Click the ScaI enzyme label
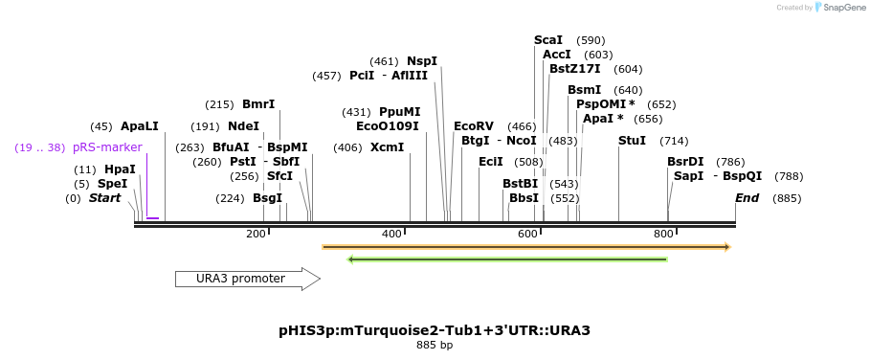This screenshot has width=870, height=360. pyautogui.click(x=548, y=40)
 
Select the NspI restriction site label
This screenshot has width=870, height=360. pyautogui.click(x=422, y=61)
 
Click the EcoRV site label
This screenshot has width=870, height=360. pyautogui.click(x=474, y=126)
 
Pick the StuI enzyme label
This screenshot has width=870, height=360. pyautogui.click(x=632, y=141)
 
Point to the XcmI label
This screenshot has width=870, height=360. pyautogui.click(x=388, y=147)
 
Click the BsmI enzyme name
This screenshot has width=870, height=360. pyautogui.click(x=584, y=90)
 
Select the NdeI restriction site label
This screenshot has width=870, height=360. pyautogui.click(x=243, y=126)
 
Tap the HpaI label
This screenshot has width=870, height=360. pyautogui.click(x=120, y=169)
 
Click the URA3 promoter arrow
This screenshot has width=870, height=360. pyautogui.click(x=247, y=279)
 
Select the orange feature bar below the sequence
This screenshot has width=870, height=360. pyautogui.click(x=526, y=247)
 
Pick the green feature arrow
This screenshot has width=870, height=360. pyautogui.click(x=507, y=259)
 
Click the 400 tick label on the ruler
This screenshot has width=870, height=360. pyautogui.click(x=391, y=235)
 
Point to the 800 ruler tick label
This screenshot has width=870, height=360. pyautogui.click(x=663, y=235)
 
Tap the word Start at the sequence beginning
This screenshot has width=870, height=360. pyautogui.click(x=105, y=198)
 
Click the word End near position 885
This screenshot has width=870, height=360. pyautogui.click(x=747, y=198)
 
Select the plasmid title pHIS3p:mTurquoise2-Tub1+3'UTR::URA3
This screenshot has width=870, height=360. pyautogui.click(x=435, y=330)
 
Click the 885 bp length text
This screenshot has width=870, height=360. pyautogui.click(x=435, y=345)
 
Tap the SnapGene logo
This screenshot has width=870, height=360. pyautogui.click(x=837, y=8)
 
